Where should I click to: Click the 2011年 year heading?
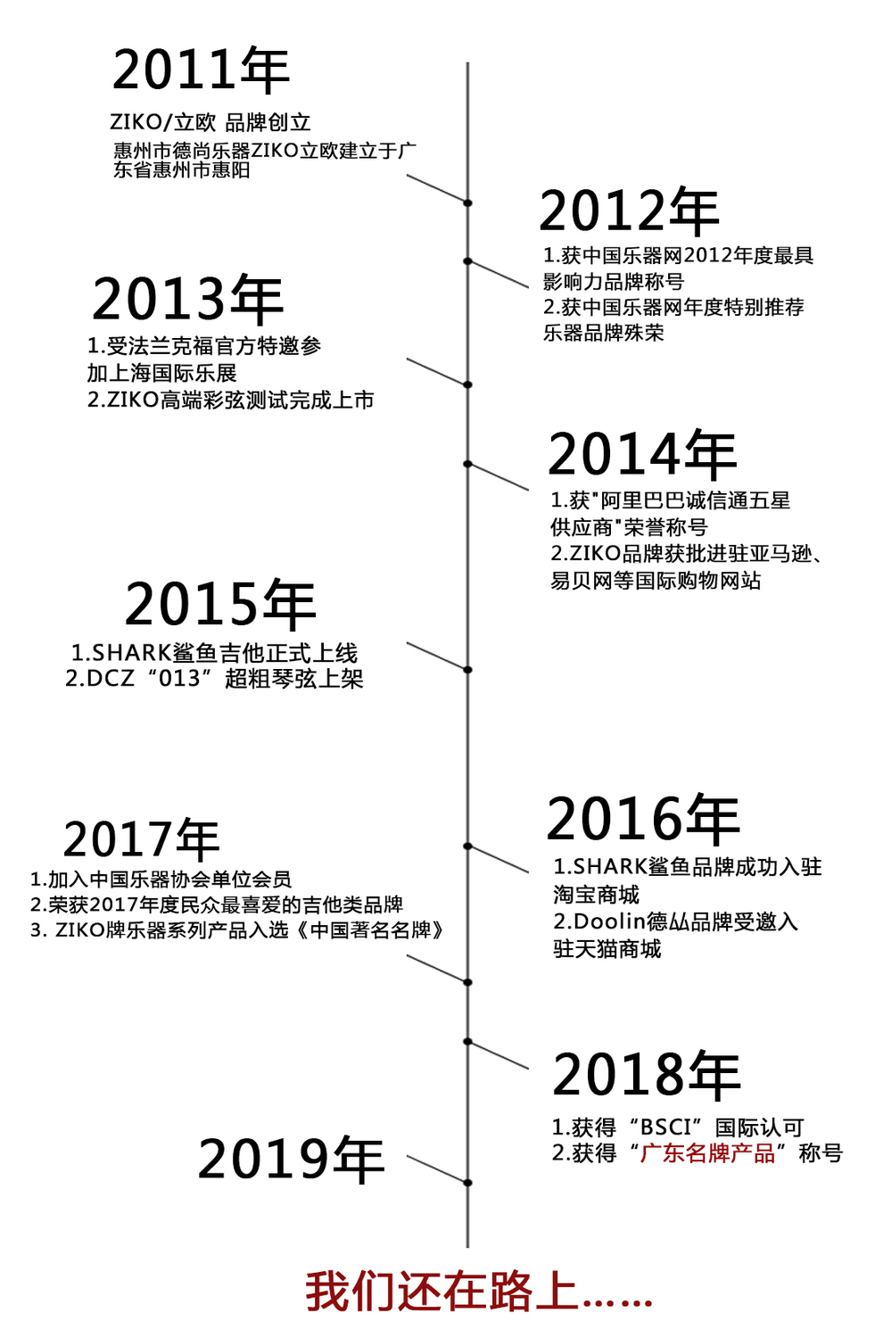(201, 70)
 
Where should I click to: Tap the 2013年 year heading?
(187, 300)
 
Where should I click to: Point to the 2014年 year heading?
(642, 454)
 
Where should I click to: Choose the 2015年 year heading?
(219, 605)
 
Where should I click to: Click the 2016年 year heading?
(643, 818)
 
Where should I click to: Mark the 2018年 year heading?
(647, 1075)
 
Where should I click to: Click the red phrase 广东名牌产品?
(707, 1152)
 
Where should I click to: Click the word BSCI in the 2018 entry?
(665, 1127)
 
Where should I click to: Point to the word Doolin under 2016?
(609, 921)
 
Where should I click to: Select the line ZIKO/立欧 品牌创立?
(210, 122)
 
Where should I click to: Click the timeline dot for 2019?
(467, 1183)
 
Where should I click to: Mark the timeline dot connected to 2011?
(467, 203)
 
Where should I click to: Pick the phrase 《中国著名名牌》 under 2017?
(370, 930)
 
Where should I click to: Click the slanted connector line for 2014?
(498, 477)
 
